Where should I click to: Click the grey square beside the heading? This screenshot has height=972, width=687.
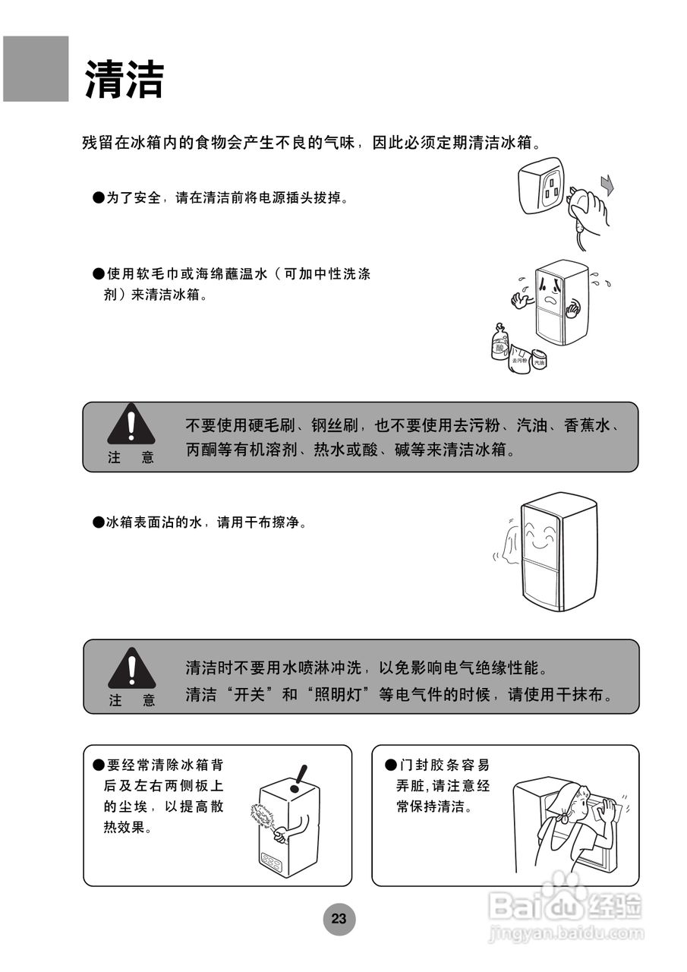(36, 69)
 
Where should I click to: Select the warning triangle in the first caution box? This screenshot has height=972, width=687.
(131, 425)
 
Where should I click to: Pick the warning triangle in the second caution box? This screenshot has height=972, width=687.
(131, 668)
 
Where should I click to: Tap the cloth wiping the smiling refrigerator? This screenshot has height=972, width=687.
(511, 544)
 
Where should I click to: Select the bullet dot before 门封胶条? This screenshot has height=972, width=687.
(391, 764)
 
